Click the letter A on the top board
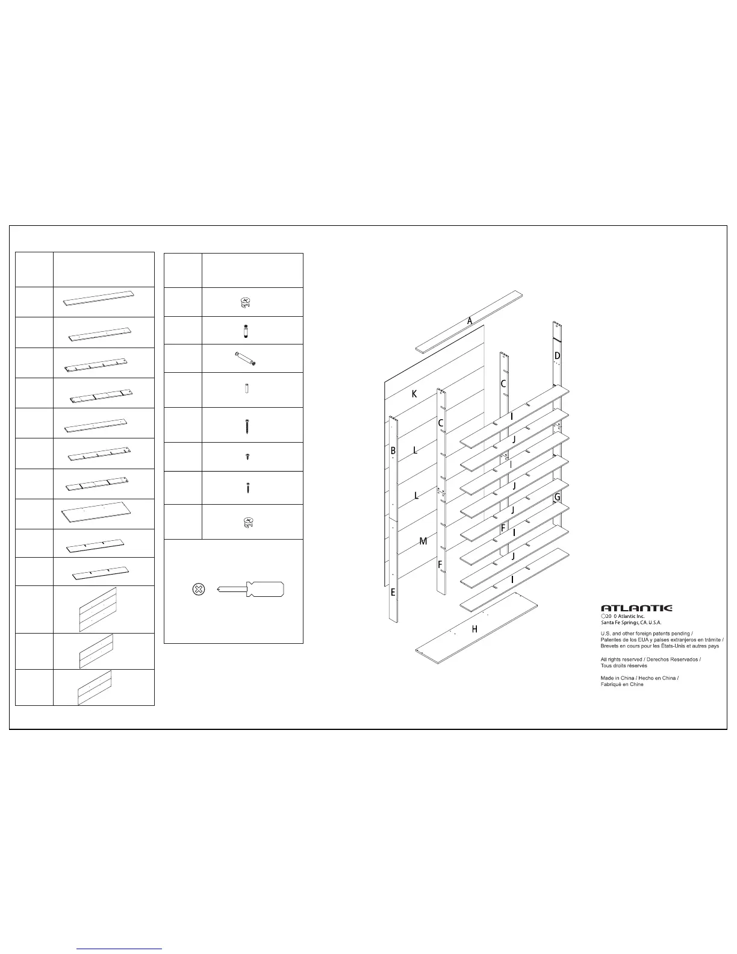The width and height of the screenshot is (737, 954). tap(470, 321)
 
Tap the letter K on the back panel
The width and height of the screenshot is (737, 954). tap(414, 394)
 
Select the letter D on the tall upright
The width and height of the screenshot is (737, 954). tap(558, 356)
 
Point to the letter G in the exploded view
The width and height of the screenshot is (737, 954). tap(557, 497)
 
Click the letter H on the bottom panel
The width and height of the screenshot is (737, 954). tap(474, 629)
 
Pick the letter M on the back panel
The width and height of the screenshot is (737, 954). tap(423, 541)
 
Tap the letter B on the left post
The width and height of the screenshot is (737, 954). tap(393, 450)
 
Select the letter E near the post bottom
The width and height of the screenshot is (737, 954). tap(393, 593)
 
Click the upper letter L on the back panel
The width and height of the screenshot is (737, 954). tap(415, 450)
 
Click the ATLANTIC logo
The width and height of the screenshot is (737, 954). tap(637, 608)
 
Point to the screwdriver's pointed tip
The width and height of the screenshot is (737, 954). tap(219, 590)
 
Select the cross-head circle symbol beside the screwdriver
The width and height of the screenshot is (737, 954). tap(197, 590)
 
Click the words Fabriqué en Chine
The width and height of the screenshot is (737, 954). tap(622, 685)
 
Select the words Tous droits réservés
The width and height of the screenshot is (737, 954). tap(624, 666)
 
